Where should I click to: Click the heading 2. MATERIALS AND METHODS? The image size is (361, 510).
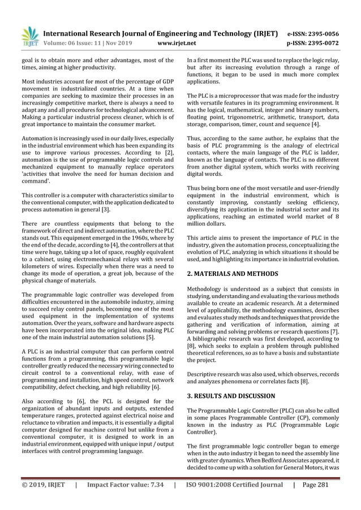point(232,273)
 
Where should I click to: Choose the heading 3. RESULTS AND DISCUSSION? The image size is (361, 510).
point(231,396)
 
